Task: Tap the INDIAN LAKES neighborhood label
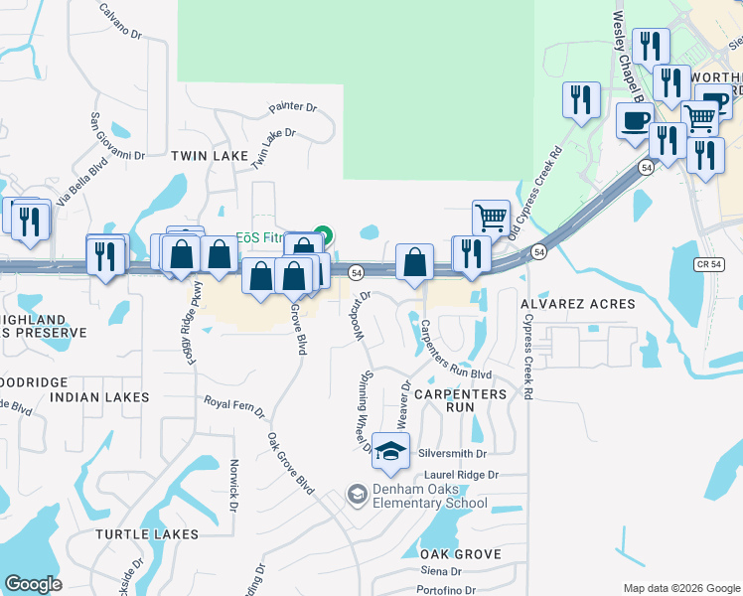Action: click(99, 397)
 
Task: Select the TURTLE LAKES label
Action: click(147, 533)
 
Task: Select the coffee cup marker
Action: click(635, 121)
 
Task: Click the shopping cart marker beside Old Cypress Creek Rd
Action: click(491, 218)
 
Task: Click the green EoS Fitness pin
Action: click(320, 236)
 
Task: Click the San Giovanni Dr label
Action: click(118, 135)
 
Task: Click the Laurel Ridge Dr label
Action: click(465, 476)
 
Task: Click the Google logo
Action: click(33, 584)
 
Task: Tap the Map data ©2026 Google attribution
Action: click(680, 588)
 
